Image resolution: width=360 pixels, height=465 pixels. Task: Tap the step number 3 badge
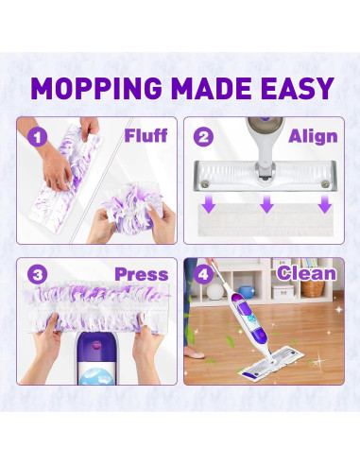click(x=37, y=275)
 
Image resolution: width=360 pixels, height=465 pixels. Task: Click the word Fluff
click(x=146, y=135)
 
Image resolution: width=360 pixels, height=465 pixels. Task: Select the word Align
click(x=311, y=136)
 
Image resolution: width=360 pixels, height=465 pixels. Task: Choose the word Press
click(x=141, y=275)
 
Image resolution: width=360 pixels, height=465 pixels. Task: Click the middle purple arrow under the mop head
click(x=266, y=203)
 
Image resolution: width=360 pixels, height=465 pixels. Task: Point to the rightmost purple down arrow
click(x=323, y=203)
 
